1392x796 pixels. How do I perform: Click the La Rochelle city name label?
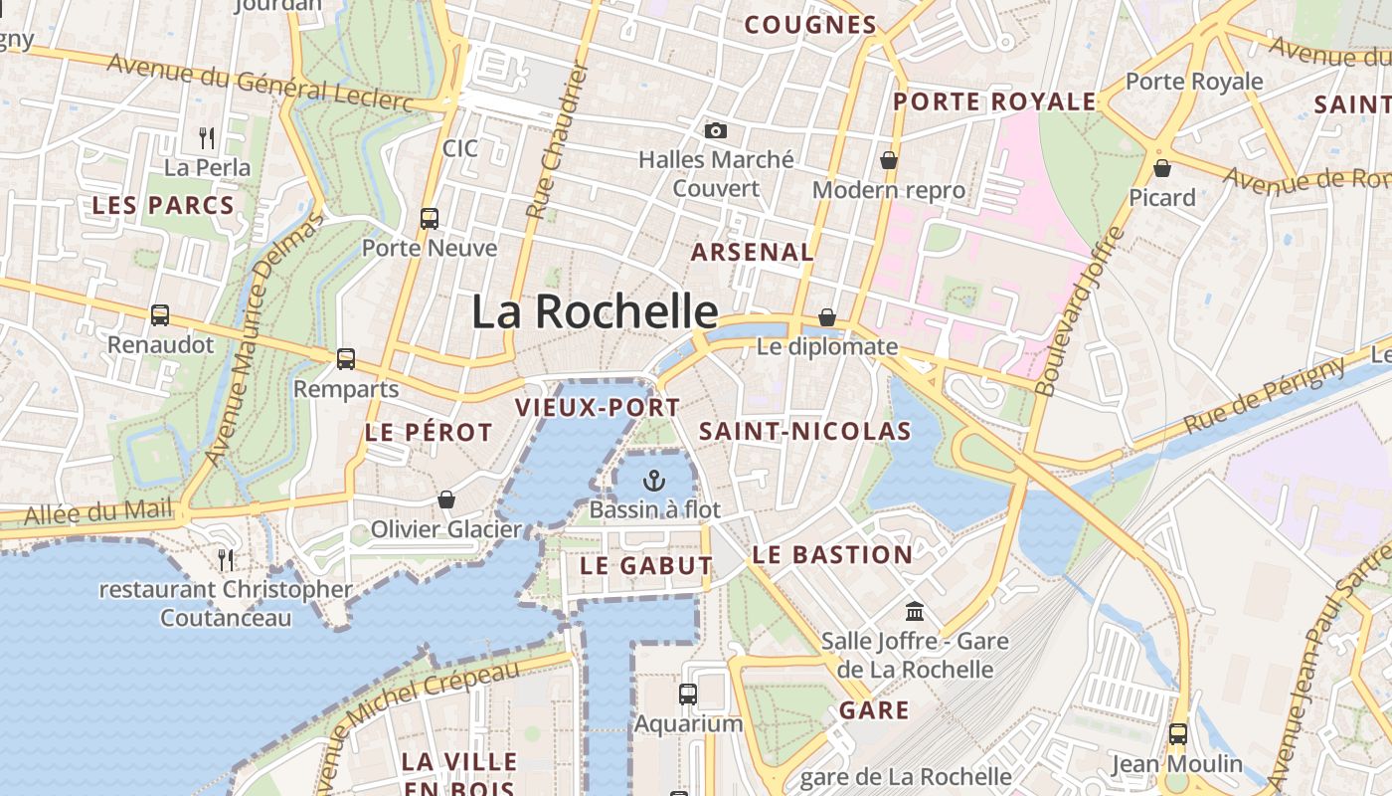point(595,311)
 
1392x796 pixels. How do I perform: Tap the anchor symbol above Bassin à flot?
point(653,482)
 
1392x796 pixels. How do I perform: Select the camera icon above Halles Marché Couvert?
point(715,130)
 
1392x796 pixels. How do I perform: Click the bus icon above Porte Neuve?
point(430,218)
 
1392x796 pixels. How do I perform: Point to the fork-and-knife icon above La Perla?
point(207,137)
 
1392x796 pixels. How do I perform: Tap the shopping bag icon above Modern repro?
point(888,160)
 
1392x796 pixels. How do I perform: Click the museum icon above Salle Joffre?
point(915,611)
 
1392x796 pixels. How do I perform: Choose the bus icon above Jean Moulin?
point(1177,734)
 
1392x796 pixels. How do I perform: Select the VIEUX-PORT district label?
point(598,407)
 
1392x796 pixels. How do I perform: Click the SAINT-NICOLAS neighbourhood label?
point(805,431)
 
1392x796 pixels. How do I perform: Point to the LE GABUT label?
point(646,565)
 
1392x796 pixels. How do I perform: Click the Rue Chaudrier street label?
point(558,140)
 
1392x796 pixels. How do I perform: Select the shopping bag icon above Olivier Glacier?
point(446,498)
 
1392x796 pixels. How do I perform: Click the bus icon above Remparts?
point(346,358)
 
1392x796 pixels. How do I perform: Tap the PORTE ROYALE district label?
point(994,101)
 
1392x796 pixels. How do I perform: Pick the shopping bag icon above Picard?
point(1161,168)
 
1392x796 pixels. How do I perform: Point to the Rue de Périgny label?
point(1264,395)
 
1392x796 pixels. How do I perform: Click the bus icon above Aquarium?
point(688,694)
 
